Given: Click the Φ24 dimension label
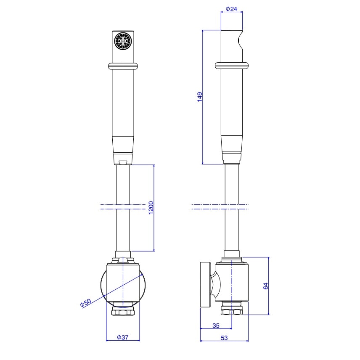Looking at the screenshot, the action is coord(231,9).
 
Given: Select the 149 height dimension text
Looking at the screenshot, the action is coord(200,97).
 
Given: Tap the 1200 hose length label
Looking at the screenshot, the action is coord(151,208).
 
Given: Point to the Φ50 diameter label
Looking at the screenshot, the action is coord(86,303).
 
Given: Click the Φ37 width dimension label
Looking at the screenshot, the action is coord(123,337).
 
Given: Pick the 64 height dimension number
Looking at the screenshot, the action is coord(265,286).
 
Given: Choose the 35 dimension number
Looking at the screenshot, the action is coord(216,326).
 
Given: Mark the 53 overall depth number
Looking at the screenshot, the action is coord(224,338).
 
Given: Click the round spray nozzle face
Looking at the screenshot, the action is coord(123,41).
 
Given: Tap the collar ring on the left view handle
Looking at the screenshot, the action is coord(123,66).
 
